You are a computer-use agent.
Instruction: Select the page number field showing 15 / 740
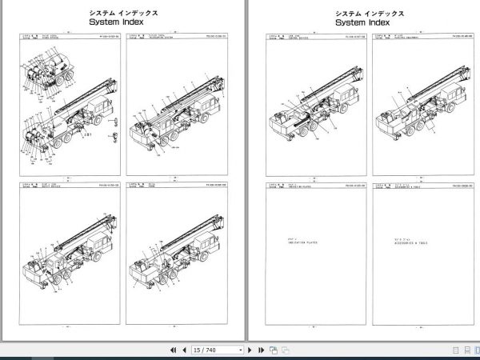tap(217, 350)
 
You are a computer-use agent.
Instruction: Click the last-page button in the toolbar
tap(261, 350)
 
